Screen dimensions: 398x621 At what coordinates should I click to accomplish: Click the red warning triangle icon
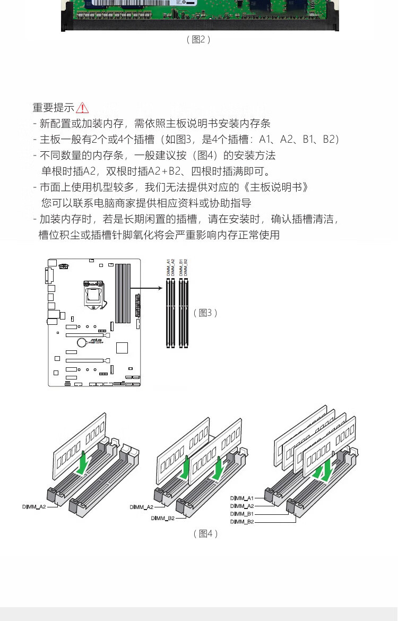coord(82,108)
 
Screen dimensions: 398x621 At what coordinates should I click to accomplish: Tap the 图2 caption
coord(198,39)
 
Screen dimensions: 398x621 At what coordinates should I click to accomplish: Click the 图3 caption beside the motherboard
coord(205,313)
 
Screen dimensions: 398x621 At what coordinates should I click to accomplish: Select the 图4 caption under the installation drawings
coord(205,533)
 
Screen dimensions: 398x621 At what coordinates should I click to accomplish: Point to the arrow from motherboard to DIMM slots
coord(146,289)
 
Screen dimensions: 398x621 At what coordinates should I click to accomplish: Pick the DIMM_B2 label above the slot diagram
coord(186,267)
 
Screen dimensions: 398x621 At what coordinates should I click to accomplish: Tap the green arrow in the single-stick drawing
coord(83,462)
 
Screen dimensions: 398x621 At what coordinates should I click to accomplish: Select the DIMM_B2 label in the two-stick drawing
coord(162,518)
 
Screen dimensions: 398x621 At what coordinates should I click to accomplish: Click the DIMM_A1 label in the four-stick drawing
coord(242,498)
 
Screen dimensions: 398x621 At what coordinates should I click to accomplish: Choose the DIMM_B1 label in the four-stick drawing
coord(242,514)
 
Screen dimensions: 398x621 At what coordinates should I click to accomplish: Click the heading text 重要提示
coord(53,108)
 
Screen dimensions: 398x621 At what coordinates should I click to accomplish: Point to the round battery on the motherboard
coord(82,342)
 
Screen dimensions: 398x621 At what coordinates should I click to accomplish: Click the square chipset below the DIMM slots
coord(122,348)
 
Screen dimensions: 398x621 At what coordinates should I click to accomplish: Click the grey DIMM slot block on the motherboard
coord(123,293)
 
